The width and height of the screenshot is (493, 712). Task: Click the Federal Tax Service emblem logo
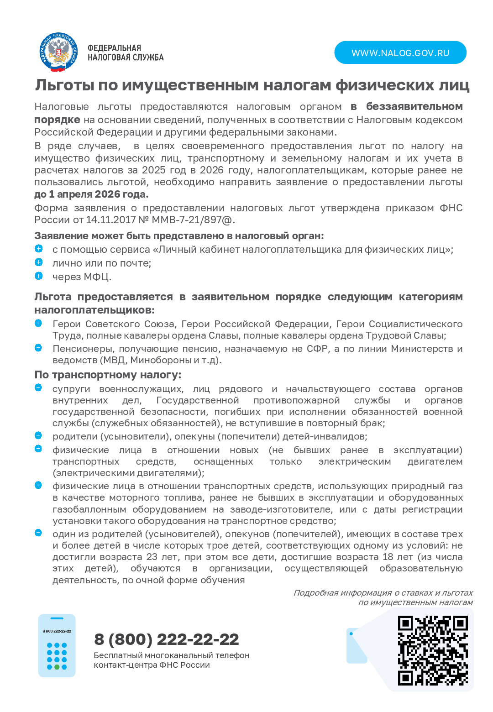click(58, 52)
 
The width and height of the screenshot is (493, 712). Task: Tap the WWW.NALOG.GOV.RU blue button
click(400, 53)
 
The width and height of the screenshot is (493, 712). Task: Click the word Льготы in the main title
click(65, 85)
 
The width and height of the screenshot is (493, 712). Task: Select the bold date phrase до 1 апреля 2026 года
click(91, 194)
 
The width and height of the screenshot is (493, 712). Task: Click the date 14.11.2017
click(111, 220)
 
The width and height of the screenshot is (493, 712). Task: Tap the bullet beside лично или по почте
click(39, 262)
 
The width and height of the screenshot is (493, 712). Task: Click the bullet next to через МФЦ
click(39, 276)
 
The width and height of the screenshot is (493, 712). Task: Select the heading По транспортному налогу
click(108, 375)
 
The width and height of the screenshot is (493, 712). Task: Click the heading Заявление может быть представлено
click(179, 236)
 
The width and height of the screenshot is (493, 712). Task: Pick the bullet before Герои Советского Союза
click(38, 323)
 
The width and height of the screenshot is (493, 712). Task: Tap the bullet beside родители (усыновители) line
click(38, 435)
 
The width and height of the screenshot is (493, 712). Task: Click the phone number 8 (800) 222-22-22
click(166, 639)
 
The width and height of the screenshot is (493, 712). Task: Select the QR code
click(433, 650)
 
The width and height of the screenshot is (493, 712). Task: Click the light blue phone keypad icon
click(57, 645)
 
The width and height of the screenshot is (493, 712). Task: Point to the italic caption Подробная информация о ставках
click(383, 593)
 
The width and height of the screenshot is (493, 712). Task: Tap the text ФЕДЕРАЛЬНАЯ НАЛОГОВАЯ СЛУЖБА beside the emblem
click(125, 53)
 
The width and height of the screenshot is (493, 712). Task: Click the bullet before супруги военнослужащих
click(38, 388)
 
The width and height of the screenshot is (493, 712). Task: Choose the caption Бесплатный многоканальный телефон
click(172, 655)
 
